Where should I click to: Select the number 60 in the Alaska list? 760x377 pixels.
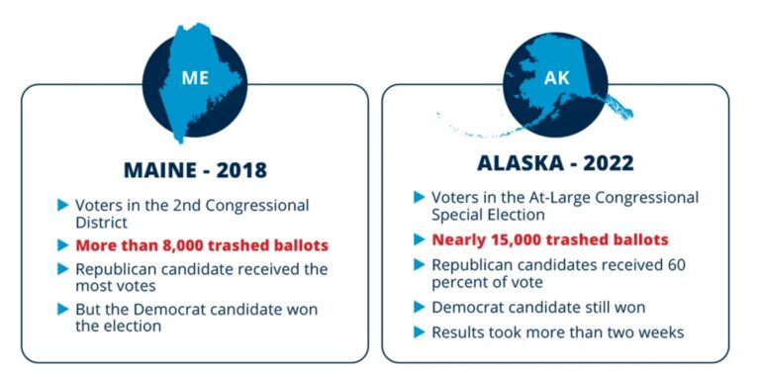tap(686, 264)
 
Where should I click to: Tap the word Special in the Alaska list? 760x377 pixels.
tap(459, 215)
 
